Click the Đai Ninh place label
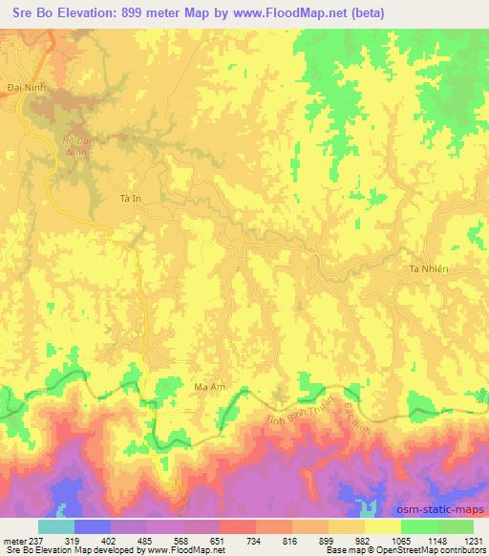click(26, 85)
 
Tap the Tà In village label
click(129, 198)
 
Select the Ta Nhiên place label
click(428, 269)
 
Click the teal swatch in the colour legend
click(56, 525)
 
